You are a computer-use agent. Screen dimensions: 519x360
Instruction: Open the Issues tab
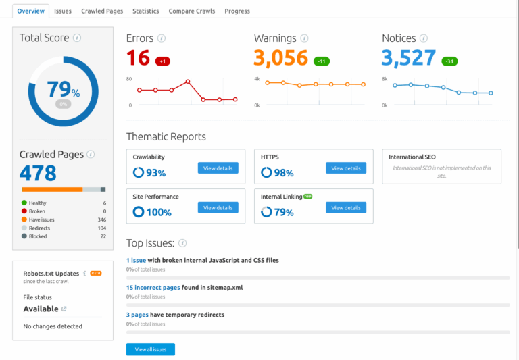pos(63,11)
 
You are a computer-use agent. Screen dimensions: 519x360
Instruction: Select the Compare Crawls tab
pos(192,11)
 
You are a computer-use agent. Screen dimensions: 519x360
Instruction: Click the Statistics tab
pos(146,11)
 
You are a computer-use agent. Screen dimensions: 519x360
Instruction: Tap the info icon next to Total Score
pos(77,38)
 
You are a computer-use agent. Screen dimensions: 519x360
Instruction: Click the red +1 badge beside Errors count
pos(162,61)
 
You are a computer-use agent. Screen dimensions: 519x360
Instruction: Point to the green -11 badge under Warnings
pos(322,61)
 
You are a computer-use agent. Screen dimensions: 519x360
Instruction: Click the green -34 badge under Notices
pos(449,61)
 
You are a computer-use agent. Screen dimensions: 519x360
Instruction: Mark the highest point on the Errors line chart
pos(188,82)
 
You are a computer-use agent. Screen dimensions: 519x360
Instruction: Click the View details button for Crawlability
pos(218,168)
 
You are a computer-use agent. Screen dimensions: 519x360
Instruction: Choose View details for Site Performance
pos(218,207)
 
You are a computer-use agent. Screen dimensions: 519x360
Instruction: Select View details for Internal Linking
pos(346,207)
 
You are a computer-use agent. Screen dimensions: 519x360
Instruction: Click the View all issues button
pos(151,349)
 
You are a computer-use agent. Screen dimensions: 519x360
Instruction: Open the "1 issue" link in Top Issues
pos(136,260)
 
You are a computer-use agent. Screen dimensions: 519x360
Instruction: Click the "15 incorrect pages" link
pos(153,288)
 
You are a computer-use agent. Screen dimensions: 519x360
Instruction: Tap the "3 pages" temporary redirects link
pos(137,315)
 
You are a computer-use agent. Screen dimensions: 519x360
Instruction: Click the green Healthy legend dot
pos(24,203)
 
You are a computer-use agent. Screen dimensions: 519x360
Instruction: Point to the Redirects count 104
pos(102,228)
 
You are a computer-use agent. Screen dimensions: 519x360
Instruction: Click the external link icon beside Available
pos(64,309)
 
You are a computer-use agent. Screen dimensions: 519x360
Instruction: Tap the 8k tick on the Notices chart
pos(385,79)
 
